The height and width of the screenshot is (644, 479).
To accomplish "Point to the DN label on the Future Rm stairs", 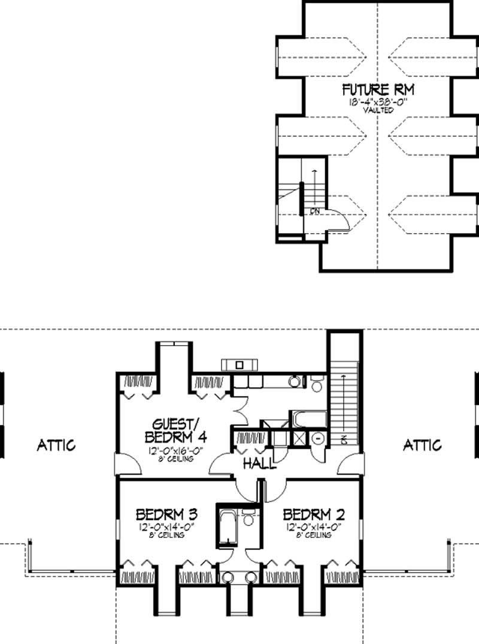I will coord(314,211).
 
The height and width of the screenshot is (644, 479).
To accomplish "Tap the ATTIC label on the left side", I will coord(56,445).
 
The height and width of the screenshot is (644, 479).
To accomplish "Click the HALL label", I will coord(259,464).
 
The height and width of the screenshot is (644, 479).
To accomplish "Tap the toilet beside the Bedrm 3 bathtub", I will coord(248,518).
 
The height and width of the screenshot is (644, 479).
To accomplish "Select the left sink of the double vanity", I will coord(228,578).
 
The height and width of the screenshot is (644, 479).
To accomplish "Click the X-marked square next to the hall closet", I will coord(298,437).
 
